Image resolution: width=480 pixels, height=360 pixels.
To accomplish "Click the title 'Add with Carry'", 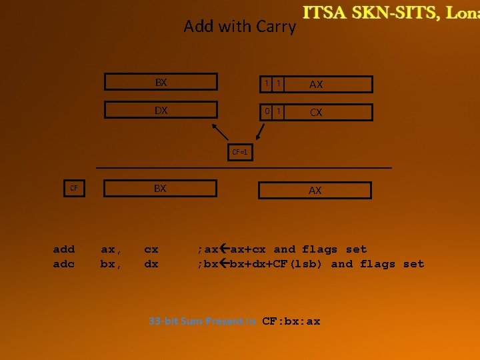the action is click(x=239, y=27).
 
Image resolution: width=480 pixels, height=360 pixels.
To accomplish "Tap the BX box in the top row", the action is click(x=161, y=83).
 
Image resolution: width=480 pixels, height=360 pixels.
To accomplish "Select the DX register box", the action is click(x=161, y=111).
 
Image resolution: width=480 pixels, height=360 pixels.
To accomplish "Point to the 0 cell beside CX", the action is click(x=266, y=111).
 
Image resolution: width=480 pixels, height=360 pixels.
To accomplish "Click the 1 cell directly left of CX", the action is click(x=279, y=111).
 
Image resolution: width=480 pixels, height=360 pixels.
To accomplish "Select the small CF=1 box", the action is click(x=240, y=153).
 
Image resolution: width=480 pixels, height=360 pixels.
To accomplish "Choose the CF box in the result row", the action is click(x=74, y=189).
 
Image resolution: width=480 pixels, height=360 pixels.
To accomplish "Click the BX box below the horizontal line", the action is click(x=160, y=189).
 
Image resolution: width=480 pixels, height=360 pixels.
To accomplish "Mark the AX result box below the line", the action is click(x=315, y=190).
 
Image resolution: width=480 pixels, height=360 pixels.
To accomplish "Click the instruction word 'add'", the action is click(x=63, y=249).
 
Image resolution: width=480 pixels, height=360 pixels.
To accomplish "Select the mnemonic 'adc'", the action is click(x=63, y=264).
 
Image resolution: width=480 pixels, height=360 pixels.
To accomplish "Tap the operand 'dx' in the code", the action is click(x=151, y=264).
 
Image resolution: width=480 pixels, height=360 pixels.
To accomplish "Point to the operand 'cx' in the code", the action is click(x=151, y=249).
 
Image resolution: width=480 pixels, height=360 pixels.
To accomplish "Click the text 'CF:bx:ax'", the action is click(x=291, y=321).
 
